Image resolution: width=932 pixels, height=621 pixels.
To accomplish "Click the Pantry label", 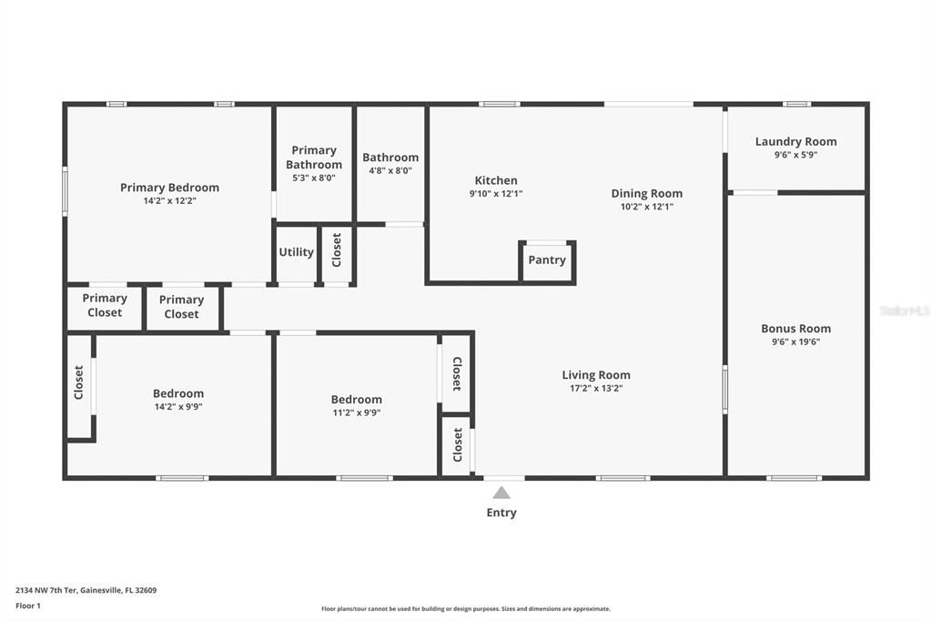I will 547,260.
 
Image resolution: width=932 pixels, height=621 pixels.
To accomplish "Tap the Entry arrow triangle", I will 501,493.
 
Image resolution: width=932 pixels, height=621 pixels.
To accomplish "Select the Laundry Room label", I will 795,141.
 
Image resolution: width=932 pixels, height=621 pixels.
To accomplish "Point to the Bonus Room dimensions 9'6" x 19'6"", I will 795,342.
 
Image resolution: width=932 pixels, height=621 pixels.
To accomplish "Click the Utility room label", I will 296,252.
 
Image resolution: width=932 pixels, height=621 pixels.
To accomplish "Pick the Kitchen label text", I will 496,180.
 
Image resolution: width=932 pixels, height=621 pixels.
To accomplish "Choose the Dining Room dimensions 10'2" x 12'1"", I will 646,207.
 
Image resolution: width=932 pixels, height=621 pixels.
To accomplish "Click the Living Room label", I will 595,375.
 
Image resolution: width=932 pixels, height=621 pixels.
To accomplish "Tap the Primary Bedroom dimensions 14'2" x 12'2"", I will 169,200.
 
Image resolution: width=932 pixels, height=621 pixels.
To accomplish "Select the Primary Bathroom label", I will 314,158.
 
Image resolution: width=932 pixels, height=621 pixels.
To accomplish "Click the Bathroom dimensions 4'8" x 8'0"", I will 390,170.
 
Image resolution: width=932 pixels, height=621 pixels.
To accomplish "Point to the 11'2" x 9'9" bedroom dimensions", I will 356,412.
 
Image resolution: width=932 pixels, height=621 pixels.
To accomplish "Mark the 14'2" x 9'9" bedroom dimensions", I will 178,407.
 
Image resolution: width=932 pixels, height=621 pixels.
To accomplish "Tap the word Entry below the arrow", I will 501,513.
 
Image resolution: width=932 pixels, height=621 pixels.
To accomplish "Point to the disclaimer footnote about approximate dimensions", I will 465,609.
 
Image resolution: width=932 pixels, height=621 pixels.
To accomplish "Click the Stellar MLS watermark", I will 905,310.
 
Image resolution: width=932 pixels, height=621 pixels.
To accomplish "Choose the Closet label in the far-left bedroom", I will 79,382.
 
